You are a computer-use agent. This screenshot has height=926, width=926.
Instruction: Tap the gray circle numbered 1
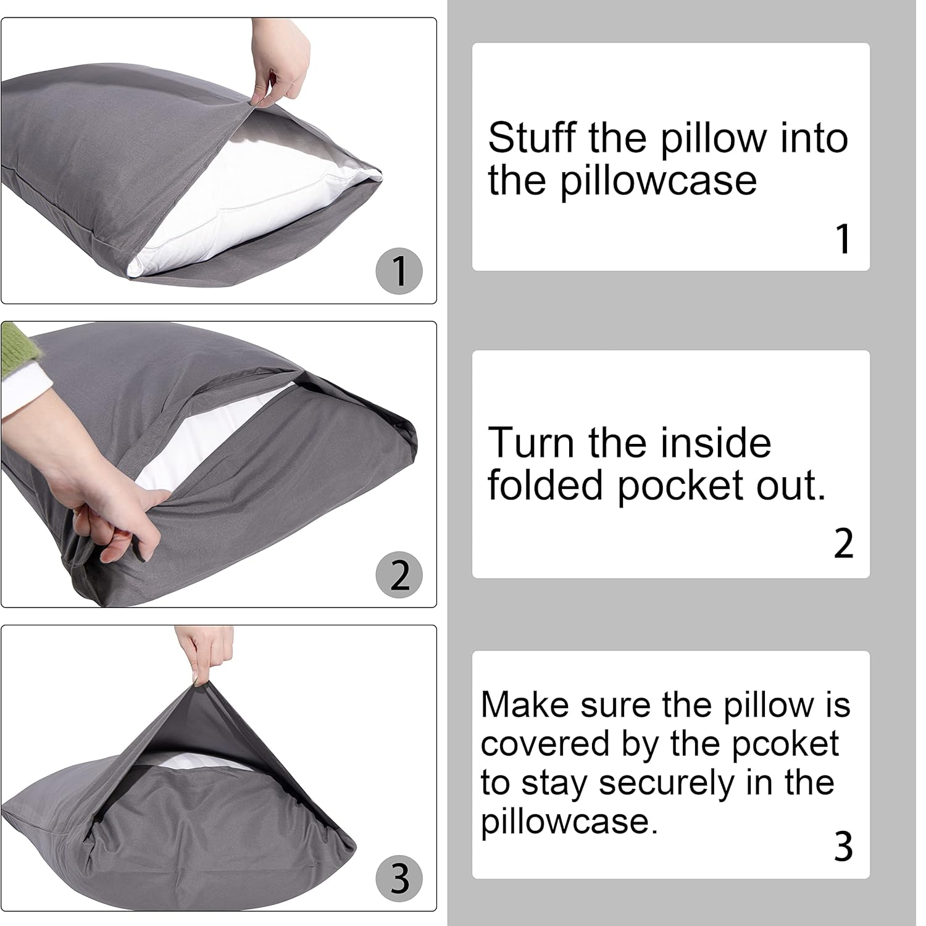click(399, 271)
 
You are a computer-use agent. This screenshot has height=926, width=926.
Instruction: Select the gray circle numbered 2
click(399, 575)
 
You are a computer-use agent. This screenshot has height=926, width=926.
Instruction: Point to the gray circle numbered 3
click(399, 878)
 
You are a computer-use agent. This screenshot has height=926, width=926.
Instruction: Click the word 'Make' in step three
click(525, 704)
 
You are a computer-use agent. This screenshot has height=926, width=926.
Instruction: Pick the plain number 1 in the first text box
click(843, 239)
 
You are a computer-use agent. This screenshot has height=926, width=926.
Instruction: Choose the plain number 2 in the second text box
click(843, 543)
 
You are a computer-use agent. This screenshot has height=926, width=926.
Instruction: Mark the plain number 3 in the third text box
click(843, 846)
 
